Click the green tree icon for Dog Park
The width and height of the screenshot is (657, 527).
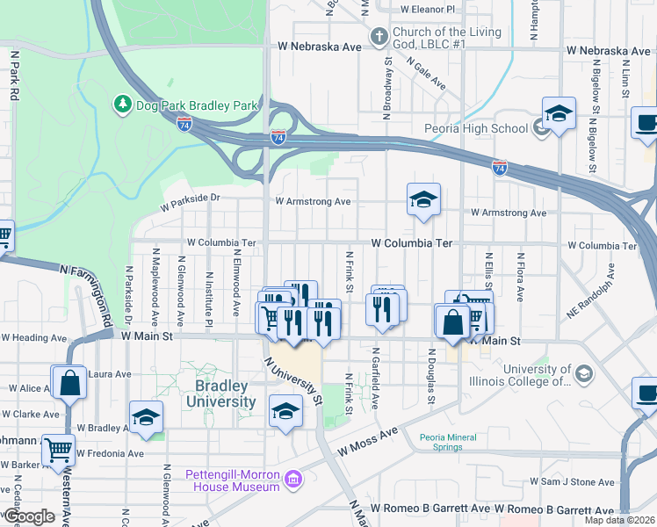tap(122, 105)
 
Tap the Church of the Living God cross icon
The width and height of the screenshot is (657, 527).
tap(379, 37)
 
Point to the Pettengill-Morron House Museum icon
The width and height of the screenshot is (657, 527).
tap(293, 480)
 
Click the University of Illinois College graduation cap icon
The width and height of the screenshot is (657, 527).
tap(582, 375)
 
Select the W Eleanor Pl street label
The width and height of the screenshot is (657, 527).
tap(428, 10)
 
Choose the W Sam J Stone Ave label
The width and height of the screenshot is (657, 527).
tap(573, 482)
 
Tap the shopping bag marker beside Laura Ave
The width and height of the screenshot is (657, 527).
tap(69, 382)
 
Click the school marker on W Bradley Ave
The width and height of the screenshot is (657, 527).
tap(147, 417)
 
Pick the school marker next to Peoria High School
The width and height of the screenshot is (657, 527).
tap(559, 114)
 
